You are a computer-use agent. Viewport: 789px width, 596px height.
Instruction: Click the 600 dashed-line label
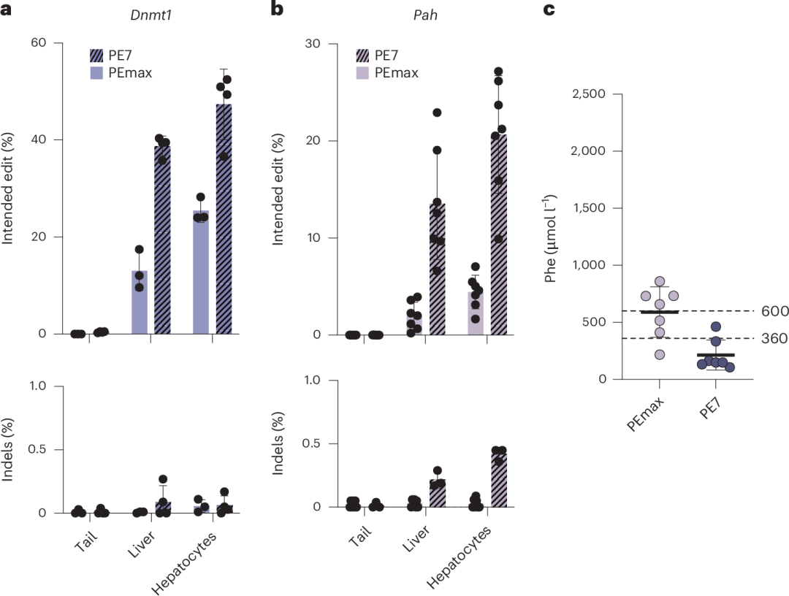click(x=774, y=311)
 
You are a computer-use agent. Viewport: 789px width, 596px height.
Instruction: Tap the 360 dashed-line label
click(x=774, y=339)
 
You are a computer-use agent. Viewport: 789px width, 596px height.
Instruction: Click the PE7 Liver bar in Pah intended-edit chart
click(x=437, y=270)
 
